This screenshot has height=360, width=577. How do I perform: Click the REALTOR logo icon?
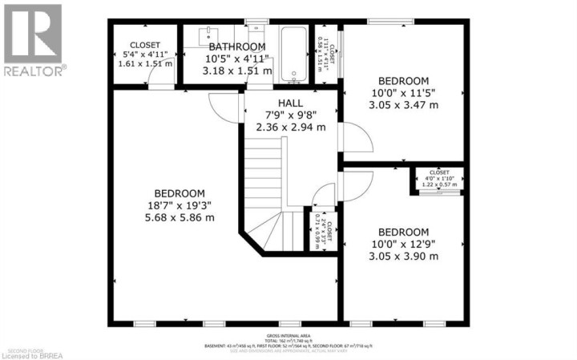[32, 34]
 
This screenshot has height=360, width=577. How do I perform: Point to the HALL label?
[290, 103]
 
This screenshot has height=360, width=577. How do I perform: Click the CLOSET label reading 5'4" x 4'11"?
[145, 55]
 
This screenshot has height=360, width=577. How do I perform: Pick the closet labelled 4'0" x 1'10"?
[438, 178]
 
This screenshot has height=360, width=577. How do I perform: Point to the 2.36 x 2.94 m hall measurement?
[290, 127]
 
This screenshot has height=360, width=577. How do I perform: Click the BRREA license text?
[30, 354]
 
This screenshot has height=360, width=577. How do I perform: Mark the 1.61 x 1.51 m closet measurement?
[145, 64]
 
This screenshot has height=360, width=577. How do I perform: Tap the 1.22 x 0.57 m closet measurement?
[438, 184]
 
